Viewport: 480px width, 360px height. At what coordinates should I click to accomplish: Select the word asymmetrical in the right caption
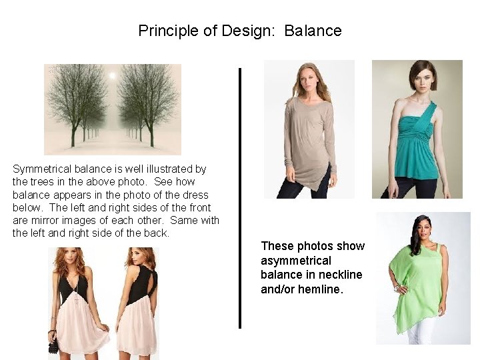[296, 260]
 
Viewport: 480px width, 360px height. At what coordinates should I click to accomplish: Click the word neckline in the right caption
[339, 275]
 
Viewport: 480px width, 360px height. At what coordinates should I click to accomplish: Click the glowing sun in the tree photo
[112, 76]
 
